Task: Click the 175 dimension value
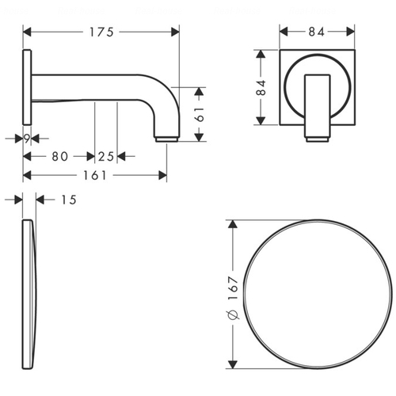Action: (x=101, y=32)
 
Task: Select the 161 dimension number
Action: (x=95, y=175)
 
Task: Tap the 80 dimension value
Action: (x=60, y=156)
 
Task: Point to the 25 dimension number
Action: (x=106, y=157)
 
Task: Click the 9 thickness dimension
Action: (x=27, y=139)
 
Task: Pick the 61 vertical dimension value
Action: (x=200, y=114)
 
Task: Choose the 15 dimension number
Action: (x=69, y=200)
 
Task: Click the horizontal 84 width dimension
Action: (x=317, y=32)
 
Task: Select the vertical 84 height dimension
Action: (x=261, y=87)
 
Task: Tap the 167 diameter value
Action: (x=234, y=288)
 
